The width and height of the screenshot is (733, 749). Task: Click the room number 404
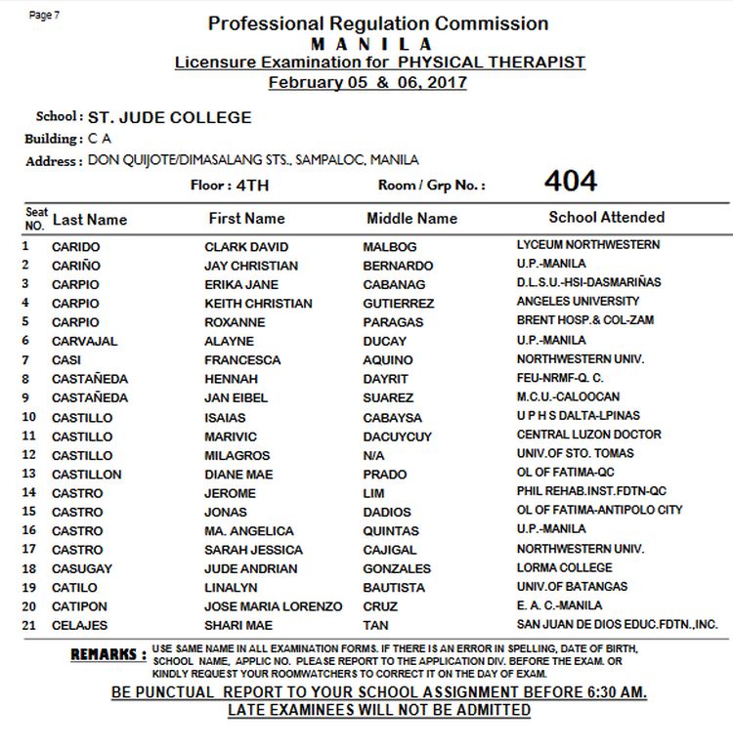(x=571, y=182)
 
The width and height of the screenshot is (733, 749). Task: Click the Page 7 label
(x=44, y=15)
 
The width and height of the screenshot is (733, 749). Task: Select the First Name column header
(x=246, y=219)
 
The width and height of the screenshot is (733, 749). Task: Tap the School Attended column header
(x=606, y=218)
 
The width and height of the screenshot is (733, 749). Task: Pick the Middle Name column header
(x=411, y=219)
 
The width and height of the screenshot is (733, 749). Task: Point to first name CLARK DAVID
(x=246, y=246)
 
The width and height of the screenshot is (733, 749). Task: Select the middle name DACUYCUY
(x=397, y=436)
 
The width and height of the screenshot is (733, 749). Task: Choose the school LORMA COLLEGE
(x=564, y=567)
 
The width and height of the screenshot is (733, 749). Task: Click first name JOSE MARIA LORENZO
(x=273, y=605)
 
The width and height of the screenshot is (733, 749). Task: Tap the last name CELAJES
(x=79, y=625)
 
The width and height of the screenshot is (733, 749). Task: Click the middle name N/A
(x=373, y=455)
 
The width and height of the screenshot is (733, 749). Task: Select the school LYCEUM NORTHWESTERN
(x=587, y=245)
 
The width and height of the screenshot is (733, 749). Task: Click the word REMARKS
(x=108, y=654)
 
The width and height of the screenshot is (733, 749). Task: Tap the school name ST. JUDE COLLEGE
(x=169, y=117)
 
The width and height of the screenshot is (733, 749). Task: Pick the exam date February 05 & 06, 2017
(x=367, y=82)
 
